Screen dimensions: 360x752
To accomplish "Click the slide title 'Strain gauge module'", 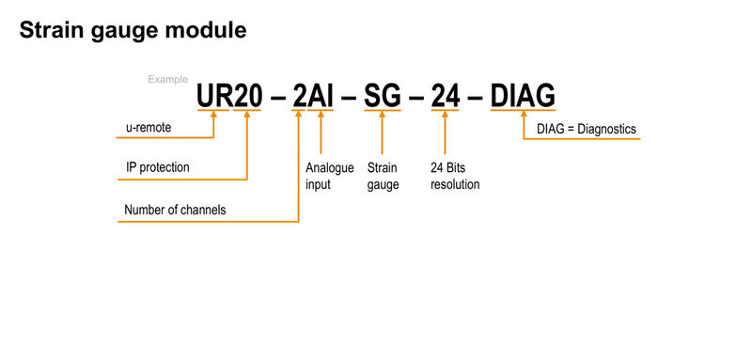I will [133, 30].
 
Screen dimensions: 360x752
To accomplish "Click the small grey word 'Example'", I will [167, 80].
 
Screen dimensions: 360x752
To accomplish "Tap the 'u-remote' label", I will [149, 127].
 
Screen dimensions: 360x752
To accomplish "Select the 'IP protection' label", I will [158, 167].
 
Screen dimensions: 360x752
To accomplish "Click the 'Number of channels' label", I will [176, 210].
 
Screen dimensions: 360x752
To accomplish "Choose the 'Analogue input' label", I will [330, 176].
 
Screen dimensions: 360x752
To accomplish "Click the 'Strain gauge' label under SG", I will [383, 176].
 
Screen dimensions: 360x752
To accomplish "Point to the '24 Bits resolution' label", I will [455, 176].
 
